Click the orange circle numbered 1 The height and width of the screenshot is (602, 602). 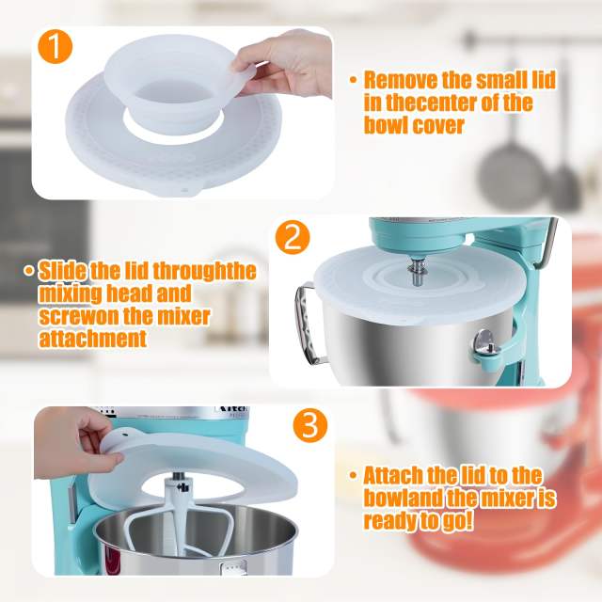point(55,46)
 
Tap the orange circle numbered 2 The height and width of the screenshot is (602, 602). point(293,237)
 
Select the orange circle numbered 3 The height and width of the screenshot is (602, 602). point(309,425)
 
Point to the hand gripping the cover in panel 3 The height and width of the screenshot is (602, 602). point(80,433)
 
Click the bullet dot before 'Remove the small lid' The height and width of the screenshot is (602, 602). point(353,81)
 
